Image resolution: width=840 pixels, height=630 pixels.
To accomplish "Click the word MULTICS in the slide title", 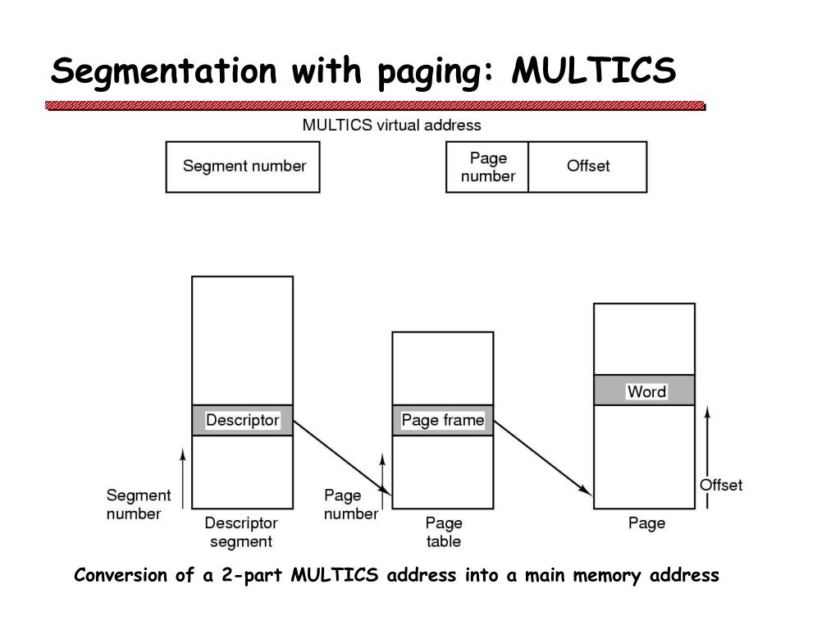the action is pos(594,71).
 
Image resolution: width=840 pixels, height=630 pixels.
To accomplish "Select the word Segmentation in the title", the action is pos(163,72).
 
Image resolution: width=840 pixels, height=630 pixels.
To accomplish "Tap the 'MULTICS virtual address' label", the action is pos(391,126).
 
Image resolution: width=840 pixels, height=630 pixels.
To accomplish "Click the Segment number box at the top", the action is pos(243,167).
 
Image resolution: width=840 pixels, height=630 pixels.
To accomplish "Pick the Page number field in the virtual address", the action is pos(487,167).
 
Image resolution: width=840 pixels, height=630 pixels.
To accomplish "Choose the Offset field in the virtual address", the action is pos(587,167).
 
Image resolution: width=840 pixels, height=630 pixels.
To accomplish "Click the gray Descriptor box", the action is pos(242,420).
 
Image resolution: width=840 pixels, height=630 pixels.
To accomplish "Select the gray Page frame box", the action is pos(442,420).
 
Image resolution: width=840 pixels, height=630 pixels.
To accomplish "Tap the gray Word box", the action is pos(644,390).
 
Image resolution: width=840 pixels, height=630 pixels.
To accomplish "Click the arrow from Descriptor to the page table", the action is pos(342,457).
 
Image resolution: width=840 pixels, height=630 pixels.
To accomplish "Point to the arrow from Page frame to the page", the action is pos(543,458).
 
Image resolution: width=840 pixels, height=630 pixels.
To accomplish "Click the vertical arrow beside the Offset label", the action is pos(707,457).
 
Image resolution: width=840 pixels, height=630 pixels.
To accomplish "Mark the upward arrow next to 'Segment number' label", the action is pos(183,478).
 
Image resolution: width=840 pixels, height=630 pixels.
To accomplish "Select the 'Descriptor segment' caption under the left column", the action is pos(241,532).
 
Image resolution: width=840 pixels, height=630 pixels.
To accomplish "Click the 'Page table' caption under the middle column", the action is pos(444,532).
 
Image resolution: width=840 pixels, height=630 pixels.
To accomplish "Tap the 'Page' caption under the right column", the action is pos(646,523).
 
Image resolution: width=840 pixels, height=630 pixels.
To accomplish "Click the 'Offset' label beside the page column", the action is pos(721,485).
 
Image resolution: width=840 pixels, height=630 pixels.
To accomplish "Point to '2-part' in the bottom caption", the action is pos(252,575).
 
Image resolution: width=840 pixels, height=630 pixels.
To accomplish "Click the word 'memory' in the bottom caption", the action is pos(606,576).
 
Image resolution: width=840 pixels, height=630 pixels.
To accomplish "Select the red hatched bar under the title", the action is pos(375,106).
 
